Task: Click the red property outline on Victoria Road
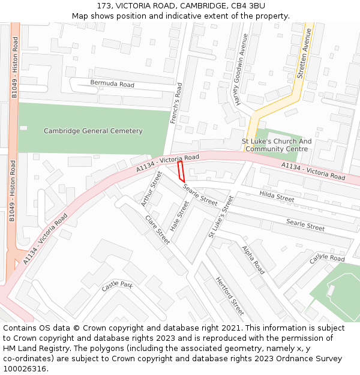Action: click(x=181, y=171)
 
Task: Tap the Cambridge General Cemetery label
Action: click(x=93, y=131)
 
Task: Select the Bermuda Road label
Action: click(x=112, y=84)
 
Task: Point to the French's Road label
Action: click(x=176, y=104)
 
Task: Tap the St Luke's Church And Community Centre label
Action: click(x=277, y=145)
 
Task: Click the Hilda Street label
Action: click(x=277, y=196)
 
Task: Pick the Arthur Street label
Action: click(x=151, y=189)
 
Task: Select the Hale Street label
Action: click(x=179, y=217)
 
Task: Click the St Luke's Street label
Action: click(x=220, y=217)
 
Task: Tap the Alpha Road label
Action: click(x=253, y=259)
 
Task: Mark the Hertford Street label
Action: click(x=230, y=296)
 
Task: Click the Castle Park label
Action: click(x=116, y=286)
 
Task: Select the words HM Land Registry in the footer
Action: click(x=31, y=348)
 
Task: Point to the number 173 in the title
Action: click(x=104, y=6)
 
